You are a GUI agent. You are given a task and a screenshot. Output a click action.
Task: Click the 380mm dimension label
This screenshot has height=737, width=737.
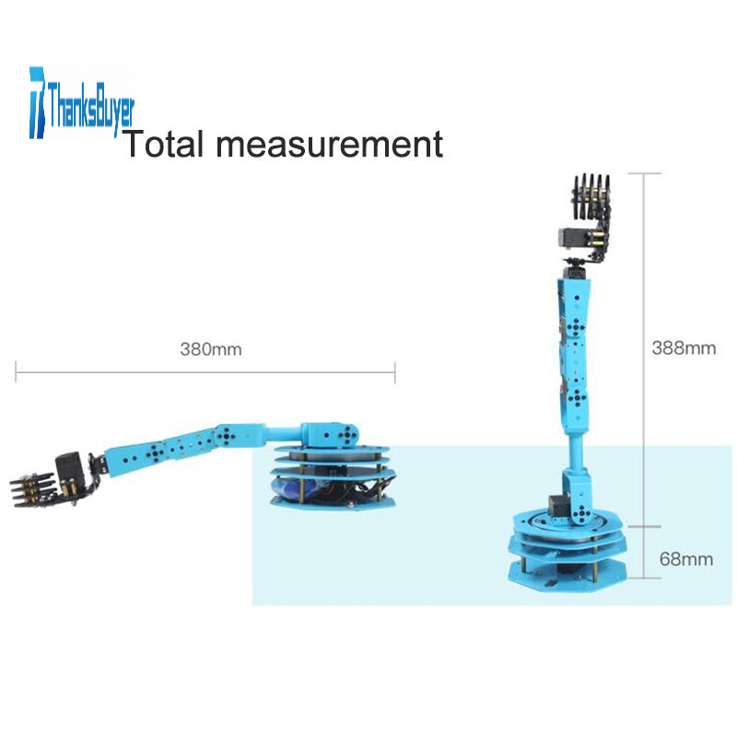coord(211,349)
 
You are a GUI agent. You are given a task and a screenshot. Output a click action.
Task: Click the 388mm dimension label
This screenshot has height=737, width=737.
coord(684,348)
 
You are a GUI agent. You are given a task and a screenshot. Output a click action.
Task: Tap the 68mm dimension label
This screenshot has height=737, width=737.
coord(686,559)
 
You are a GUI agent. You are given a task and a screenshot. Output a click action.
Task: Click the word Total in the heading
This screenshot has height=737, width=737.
coord(165,144)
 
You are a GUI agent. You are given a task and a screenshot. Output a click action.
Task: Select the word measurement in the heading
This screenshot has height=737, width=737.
coord(330,145)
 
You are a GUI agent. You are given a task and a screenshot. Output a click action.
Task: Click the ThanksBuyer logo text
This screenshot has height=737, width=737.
coord(90,108)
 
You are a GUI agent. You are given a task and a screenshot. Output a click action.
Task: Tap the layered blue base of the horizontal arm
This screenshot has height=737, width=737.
coord(332,474)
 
